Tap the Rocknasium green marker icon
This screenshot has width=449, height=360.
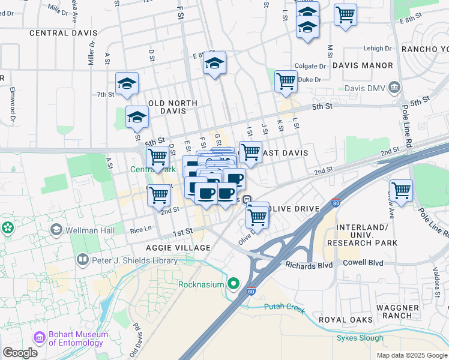[234, 284]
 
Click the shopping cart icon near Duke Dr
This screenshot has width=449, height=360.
[286, 81]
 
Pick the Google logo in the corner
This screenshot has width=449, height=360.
[20, 352]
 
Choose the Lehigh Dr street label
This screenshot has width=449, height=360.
[364, 48]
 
